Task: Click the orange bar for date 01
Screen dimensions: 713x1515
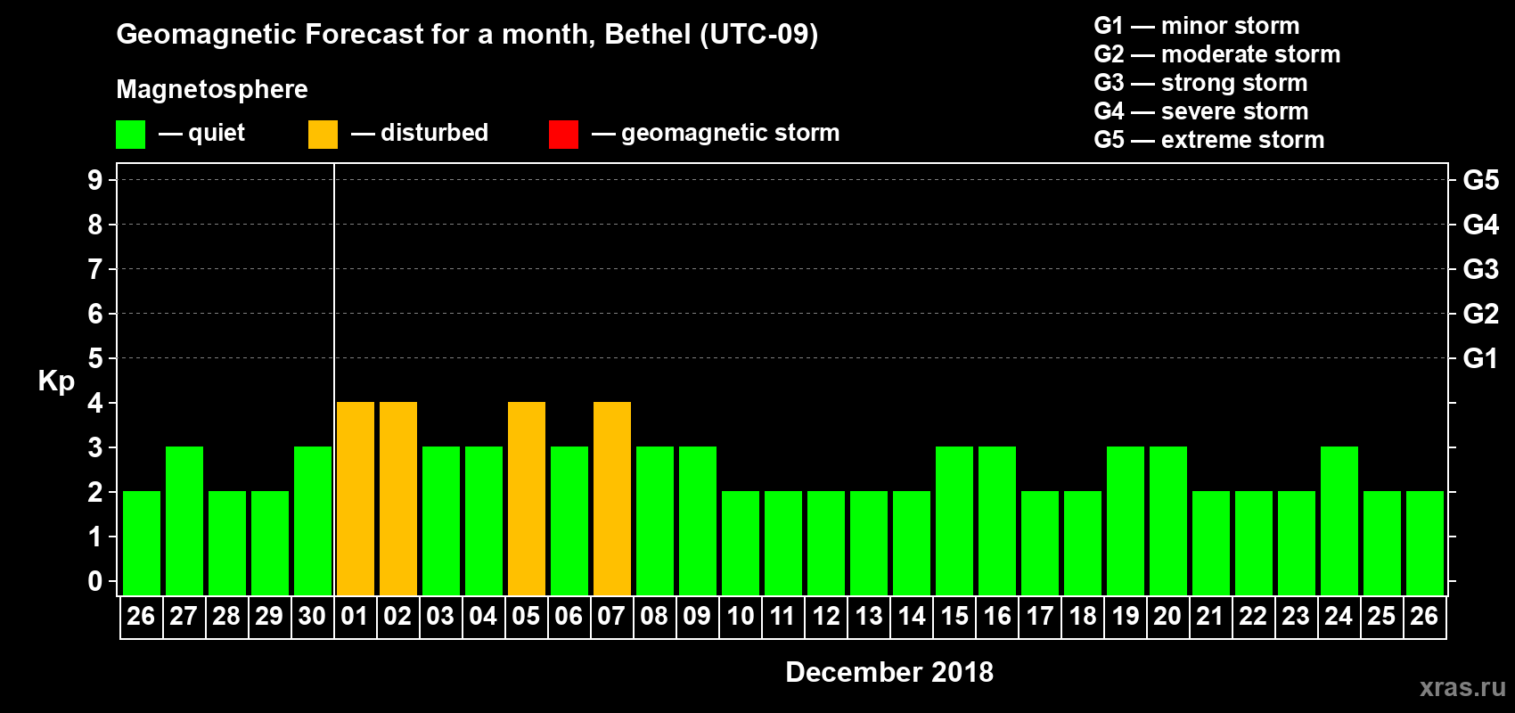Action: tap(356, 498)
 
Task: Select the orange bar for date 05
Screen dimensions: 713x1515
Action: tap(527, 498)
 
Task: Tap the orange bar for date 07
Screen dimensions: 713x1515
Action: tap(612, 498)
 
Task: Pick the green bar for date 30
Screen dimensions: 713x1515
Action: tap(313, 520)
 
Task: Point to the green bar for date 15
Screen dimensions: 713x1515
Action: tap(954, 520)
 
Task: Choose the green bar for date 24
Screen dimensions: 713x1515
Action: tap(1339, 520)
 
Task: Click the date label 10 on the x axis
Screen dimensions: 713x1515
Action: tap(741, 616)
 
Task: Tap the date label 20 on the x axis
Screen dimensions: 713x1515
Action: tap(1167, 616)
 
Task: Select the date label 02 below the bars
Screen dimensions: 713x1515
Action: tap(397, 616)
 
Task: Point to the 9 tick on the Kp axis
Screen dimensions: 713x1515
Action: tap(95, 180)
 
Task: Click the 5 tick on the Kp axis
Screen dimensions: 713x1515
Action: tap(95, 358)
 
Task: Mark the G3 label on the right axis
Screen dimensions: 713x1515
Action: tap(1480, 269)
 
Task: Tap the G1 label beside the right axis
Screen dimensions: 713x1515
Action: tap(1480, 358)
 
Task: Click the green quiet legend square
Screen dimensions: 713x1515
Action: tap(130, 135)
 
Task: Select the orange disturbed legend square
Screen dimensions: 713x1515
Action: tap(323, 135)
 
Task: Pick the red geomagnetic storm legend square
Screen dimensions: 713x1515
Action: tap(563, 135)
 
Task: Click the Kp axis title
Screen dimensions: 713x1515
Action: tap(56, 381)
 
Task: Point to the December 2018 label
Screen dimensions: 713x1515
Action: tap(889, 672)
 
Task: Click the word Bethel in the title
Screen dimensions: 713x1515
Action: tap(648, 35)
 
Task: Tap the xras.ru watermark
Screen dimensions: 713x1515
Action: tap(1462, 687)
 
